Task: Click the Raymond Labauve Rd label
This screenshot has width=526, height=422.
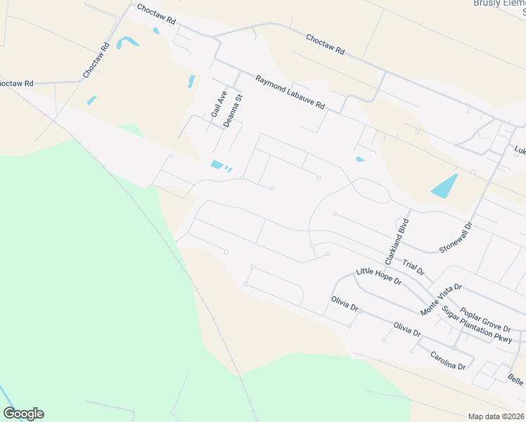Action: (290, 92)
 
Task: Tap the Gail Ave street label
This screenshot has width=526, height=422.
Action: (217, 104)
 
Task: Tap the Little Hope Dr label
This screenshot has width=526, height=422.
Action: (378, 276)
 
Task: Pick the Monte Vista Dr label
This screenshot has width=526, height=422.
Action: (441, 300)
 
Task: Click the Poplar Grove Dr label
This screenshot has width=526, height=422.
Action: (485, 319)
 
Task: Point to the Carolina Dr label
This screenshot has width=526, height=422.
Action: (448, 360)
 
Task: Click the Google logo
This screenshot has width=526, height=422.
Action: (23, 414)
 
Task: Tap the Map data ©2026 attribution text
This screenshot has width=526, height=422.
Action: (496, 416)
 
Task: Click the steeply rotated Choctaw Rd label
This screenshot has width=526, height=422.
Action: (96, 60)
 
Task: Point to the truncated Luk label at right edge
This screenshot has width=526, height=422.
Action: (520, 150)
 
